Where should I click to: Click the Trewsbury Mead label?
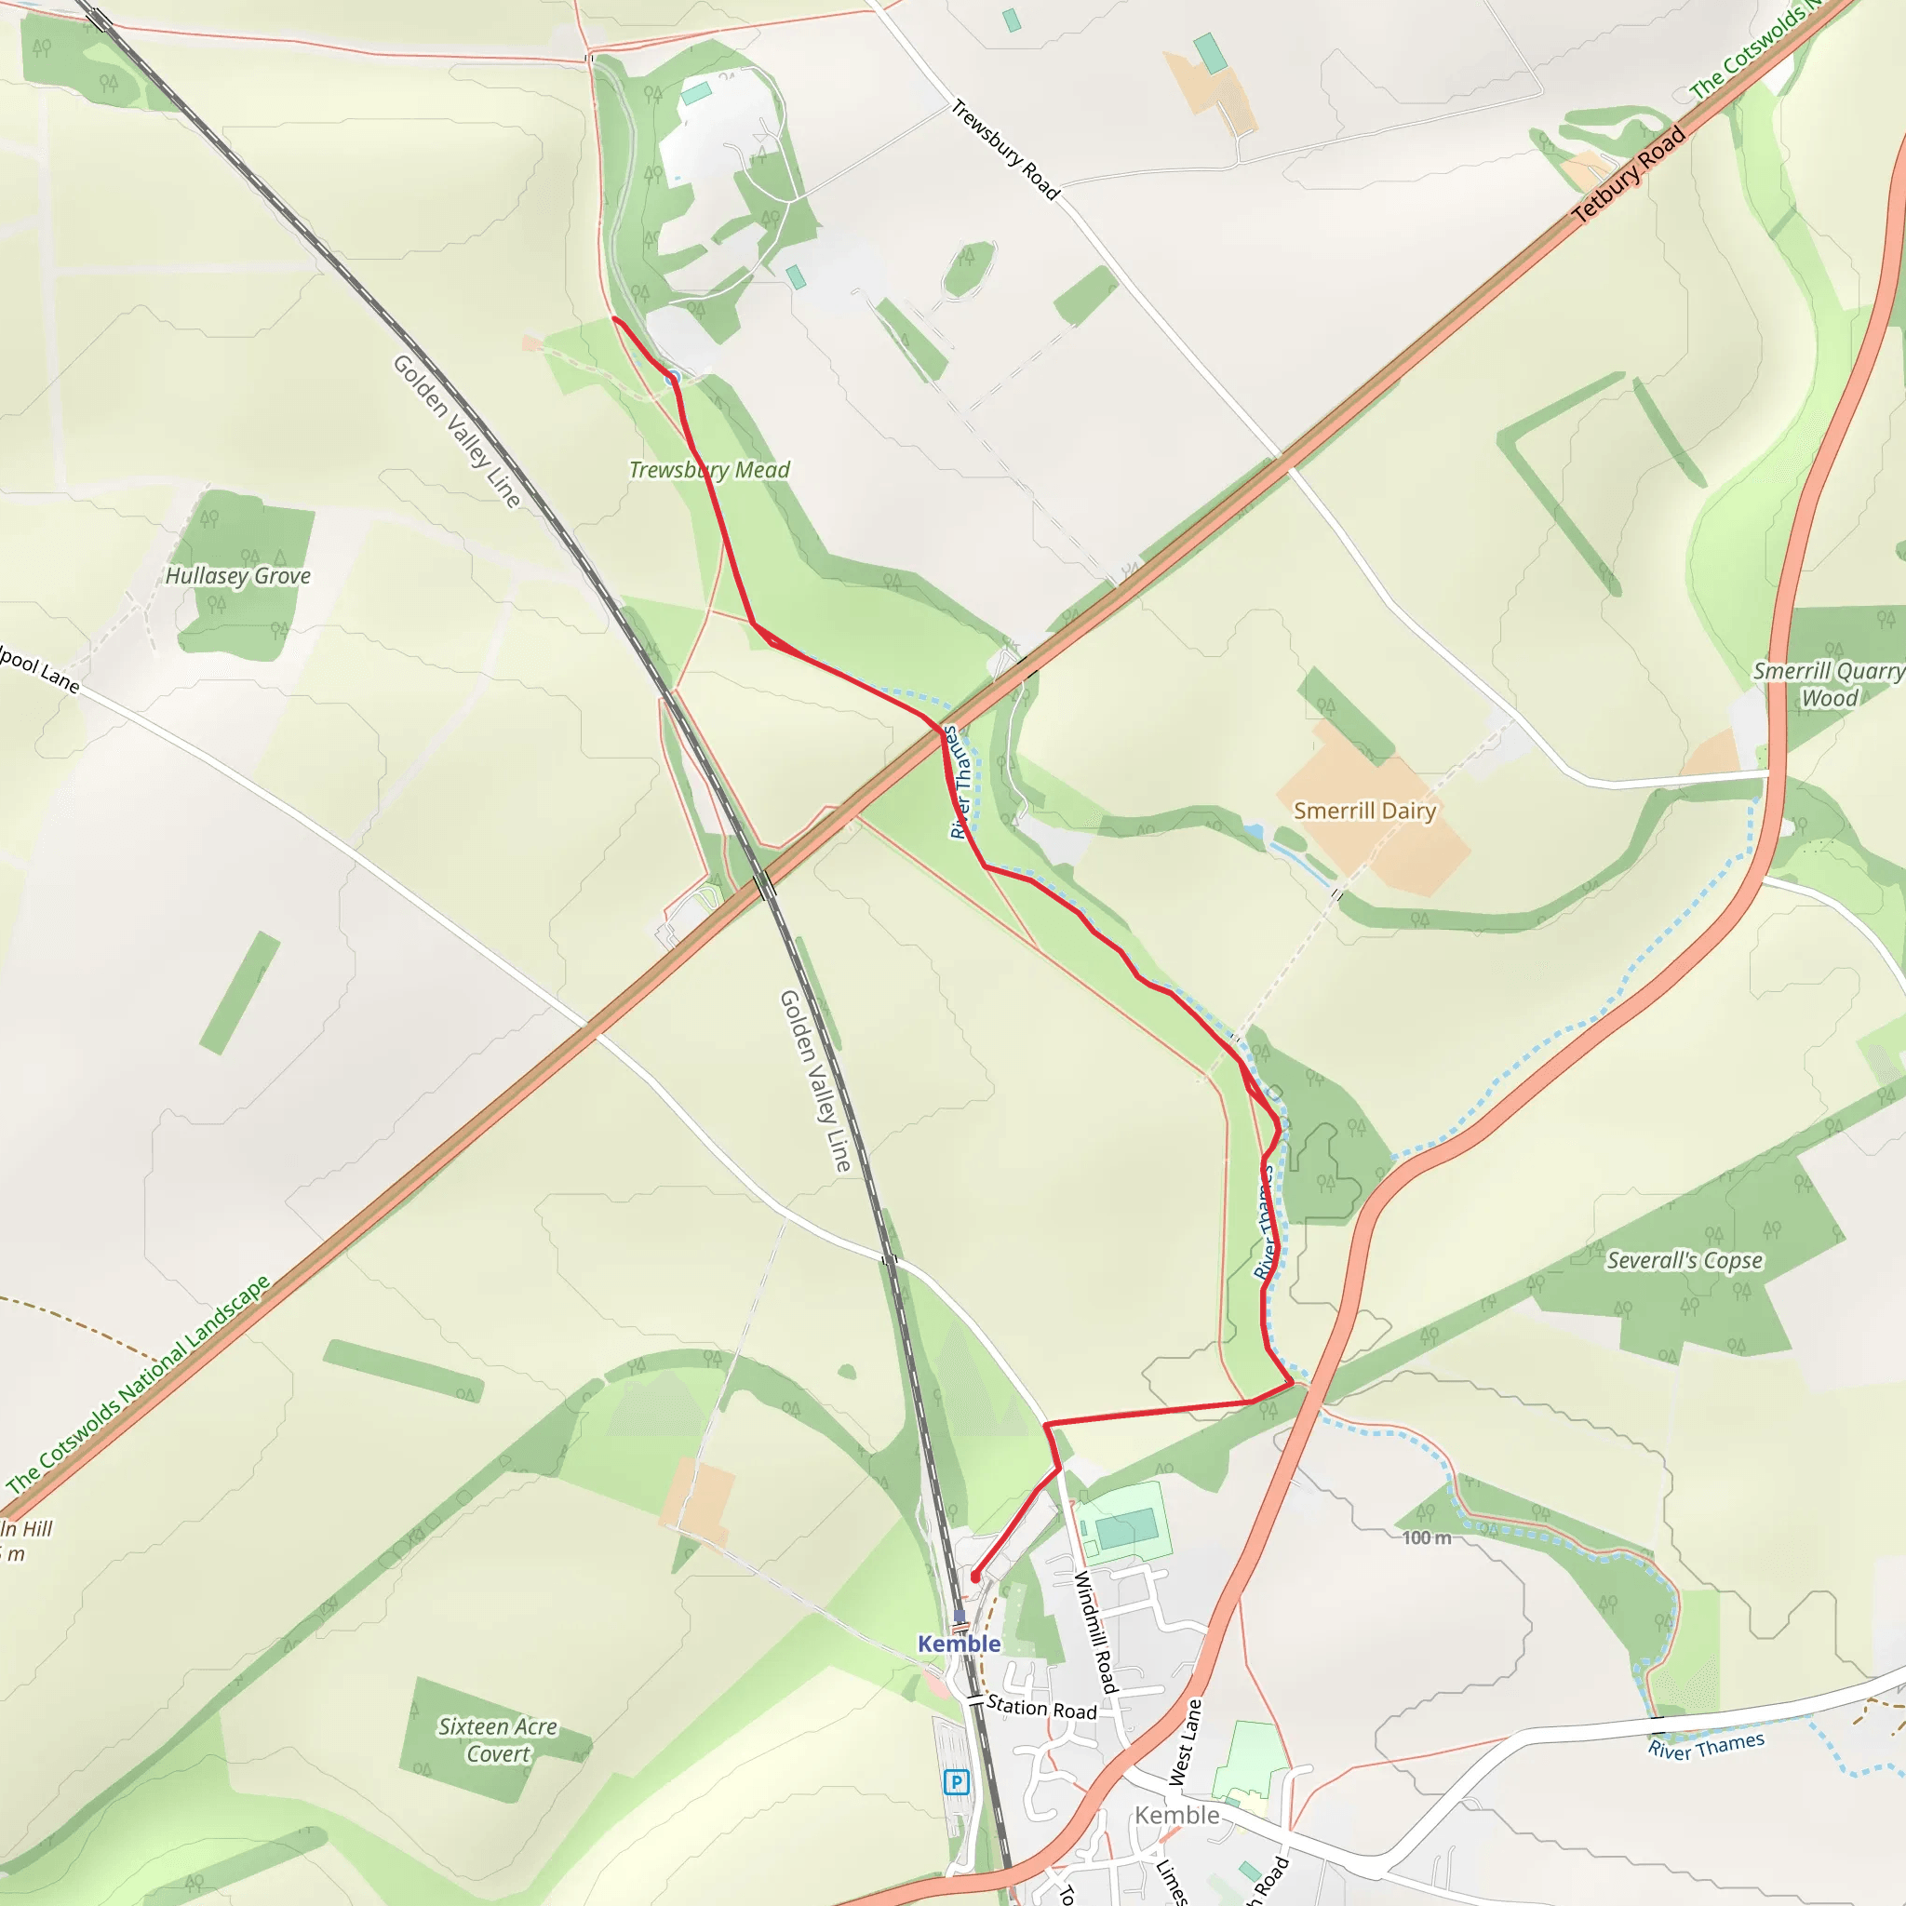[709, 470]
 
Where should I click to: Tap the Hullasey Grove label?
[237, 576]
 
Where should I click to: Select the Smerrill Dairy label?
[1364, 811]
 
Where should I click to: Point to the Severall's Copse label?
[1684, 1261]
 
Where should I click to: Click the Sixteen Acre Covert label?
[497, 1739]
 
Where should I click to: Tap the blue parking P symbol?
[955, 1781]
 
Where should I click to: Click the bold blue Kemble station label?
[959, 1644]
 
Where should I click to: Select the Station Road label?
[1041, 1708]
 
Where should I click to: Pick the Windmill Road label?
[1096, 1631]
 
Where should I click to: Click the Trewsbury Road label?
[1004, 150]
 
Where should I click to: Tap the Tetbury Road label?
[1629, 176]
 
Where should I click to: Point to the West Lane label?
[1185, 1742]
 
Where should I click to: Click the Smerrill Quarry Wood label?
[1828, 685]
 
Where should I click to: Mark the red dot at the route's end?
[974, 1577]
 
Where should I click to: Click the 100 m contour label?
[1427, 1538]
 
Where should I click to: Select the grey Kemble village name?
[1177, 1815]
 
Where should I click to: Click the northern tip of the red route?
[614, 318]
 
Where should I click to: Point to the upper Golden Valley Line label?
[457, 431]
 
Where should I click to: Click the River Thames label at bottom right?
[1706, 1746]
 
